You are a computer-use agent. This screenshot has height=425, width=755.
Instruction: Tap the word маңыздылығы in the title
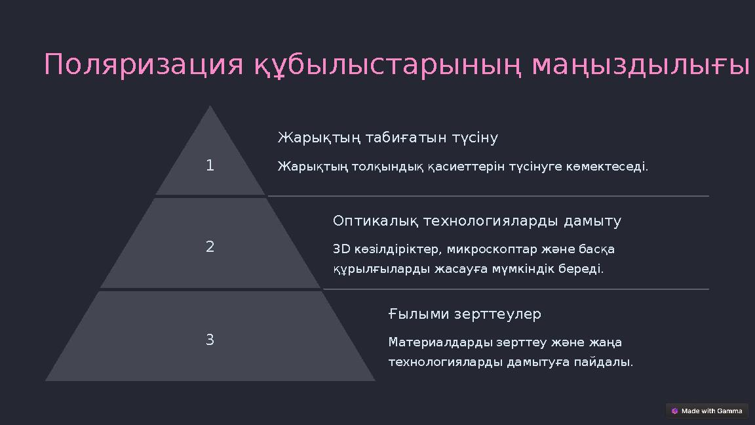pos(640,65)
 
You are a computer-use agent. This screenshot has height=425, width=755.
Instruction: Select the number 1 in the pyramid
pos(210,166)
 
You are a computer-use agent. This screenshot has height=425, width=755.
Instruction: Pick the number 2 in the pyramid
pos(210,247)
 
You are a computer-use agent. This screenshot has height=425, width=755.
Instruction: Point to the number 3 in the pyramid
pos(210,340)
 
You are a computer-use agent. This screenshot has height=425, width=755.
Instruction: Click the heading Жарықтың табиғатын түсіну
pos(387,138)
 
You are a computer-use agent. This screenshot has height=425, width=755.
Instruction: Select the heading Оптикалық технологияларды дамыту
pos(476,221)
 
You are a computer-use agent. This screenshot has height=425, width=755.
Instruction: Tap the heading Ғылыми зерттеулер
pos(465,314)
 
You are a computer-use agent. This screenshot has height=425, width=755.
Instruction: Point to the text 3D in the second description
pos(341,250)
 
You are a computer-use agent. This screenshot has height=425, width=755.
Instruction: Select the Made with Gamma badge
pos(707,411)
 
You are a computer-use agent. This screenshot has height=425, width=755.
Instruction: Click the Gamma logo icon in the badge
pos(674,411)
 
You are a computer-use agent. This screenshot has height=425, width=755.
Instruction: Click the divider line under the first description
pos(488,196)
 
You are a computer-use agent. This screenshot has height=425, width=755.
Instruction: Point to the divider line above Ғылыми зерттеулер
pos(516,289)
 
